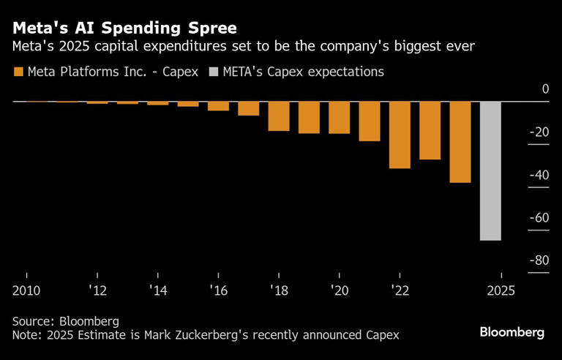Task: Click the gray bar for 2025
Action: tap(490, 170)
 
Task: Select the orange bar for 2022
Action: tap(400, 135)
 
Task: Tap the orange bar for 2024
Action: tap(460, 142)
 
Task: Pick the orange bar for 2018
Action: tap(279, 116)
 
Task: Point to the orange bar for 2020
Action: tap(339, 117)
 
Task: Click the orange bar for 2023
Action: tap(430, 130)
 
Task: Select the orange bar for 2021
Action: tap(370, 121)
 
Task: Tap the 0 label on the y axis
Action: tap(544, 89)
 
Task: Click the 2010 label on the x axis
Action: tap(26, 290)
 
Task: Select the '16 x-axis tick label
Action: tap(218, 290)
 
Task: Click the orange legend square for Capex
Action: tap(18, 72)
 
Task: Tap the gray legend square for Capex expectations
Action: tap(213, 72)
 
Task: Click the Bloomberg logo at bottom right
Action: tap(512, 332)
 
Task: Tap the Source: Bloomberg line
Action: tap(65, 321)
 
